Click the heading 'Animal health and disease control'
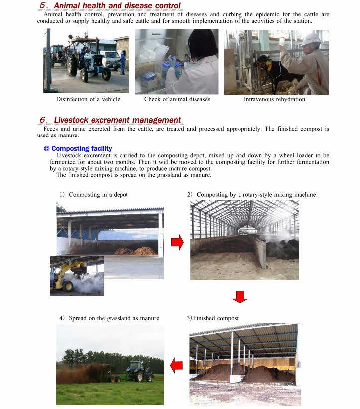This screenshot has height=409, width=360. coord(117,6)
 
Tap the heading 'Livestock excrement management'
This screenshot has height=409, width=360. coord(117,120)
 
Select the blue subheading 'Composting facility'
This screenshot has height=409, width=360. coord(81,148)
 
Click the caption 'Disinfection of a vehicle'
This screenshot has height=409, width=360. coord(88,99)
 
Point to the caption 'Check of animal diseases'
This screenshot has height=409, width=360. coord(177,99)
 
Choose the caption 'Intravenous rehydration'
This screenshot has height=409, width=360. coord(274,99)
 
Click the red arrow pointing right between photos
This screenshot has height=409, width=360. coord(177,243)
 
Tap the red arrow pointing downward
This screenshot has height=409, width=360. coord(240,297)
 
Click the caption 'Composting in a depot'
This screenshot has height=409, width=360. coord(98,194)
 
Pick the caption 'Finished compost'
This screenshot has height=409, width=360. coord(216,318)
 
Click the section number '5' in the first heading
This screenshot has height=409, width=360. coord(43,6)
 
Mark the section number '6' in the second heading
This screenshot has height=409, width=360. coord(43,120)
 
